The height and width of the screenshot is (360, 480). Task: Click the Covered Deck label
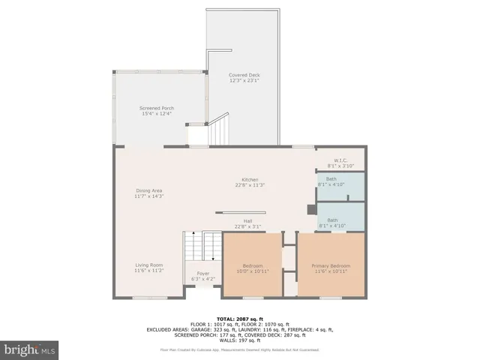tap(244, 75)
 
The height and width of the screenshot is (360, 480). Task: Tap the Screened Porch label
tap(156, 108)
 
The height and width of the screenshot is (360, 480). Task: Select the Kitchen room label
tap(250, 180)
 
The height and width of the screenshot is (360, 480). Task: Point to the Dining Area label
tap(148, 190)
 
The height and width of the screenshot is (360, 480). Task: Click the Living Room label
tap(148, 265)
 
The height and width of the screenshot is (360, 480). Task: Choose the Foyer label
tap(202, 273)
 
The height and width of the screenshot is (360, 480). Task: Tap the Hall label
tap(247, 220)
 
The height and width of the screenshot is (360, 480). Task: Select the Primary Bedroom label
tap(331, 265)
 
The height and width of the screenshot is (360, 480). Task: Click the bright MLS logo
tap(30, 349)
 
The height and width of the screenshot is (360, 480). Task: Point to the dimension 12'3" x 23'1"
tap(244, 80)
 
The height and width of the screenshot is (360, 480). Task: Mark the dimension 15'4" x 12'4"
tap(156, 113)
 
